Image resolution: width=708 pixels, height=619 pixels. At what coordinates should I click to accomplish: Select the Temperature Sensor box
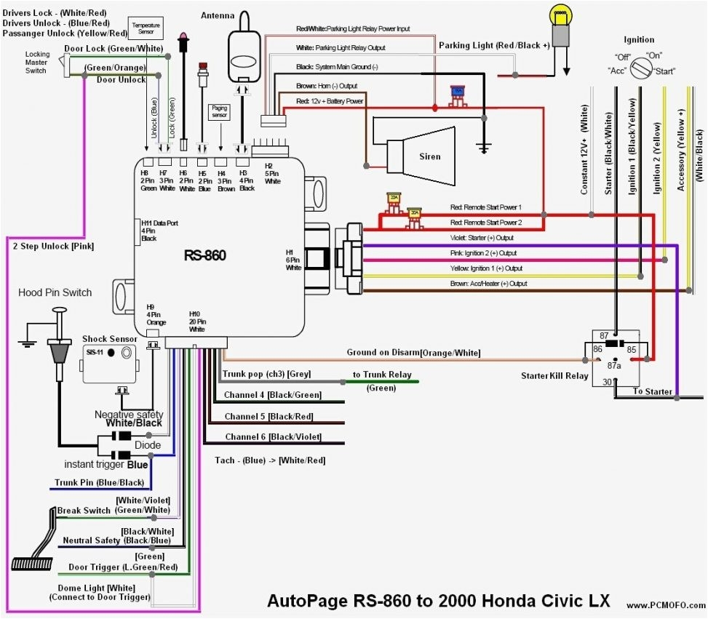[146, 28]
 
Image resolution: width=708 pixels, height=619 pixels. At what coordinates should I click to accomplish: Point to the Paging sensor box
[219, 111]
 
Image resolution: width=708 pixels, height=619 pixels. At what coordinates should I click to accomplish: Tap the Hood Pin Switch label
[55, 292]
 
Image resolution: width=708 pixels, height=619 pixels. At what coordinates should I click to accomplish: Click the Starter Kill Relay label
[554, 376]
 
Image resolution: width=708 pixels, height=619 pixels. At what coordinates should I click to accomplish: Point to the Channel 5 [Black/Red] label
[269, 417]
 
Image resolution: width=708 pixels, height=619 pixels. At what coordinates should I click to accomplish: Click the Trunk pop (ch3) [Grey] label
[266, 374]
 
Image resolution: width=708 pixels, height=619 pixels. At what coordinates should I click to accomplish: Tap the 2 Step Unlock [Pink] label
[53, 246]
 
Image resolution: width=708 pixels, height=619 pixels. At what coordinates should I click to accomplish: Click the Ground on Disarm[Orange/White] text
[413, 353]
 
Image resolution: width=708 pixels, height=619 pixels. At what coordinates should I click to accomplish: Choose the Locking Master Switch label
[37, 63]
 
